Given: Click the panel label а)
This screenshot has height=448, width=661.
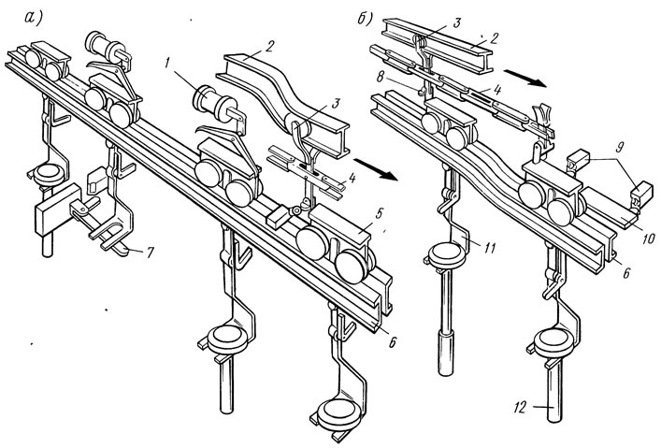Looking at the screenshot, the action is click(35, 18).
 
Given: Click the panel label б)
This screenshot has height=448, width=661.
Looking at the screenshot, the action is click(365, 19).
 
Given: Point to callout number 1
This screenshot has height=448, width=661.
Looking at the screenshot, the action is click(167, 64).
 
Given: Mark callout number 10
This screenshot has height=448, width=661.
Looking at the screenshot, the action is click(648, 238).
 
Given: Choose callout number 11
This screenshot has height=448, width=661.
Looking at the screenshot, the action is click(489, 249).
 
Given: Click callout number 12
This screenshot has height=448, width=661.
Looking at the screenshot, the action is click(520, 408).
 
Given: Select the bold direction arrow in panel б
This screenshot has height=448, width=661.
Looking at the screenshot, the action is click(525, 79).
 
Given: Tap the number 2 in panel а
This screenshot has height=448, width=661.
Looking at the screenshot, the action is click(268, 46).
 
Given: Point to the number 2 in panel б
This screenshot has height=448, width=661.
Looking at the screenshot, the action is click(495, 38).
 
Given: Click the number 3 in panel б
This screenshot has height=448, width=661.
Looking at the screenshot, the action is click(457, 22).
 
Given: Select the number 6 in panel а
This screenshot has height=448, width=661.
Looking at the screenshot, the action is click(392, 343).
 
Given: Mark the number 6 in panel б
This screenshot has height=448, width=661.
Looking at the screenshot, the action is click(625, 273).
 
